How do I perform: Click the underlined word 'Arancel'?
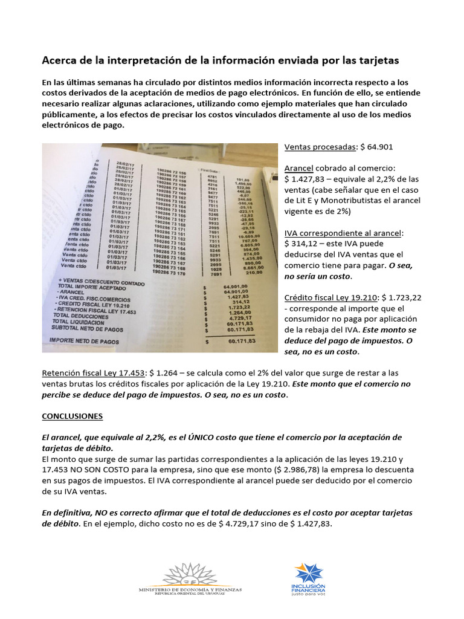[300, 169]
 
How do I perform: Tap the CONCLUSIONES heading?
[72, 416]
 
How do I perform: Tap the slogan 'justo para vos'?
[309, 594]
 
